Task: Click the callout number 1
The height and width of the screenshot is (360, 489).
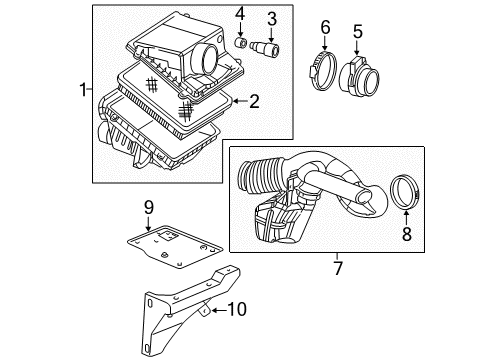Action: coord(82,92)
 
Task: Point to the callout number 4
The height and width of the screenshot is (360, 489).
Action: coord(240,14)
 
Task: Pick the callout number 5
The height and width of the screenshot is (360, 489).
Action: coord(357,31)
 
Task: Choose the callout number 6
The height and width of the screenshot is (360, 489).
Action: coord(325,26)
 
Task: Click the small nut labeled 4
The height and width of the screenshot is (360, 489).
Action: coord(241,44)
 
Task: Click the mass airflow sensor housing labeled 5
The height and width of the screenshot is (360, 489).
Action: coord(354,75)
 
